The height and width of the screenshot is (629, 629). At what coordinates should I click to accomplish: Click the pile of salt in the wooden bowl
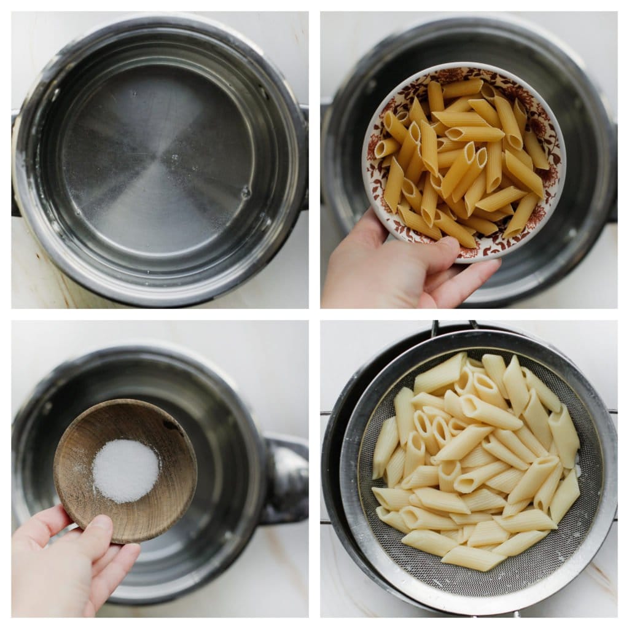[x=125, y=470]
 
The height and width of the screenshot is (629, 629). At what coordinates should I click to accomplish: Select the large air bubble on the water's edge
[x=246, y=192]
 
